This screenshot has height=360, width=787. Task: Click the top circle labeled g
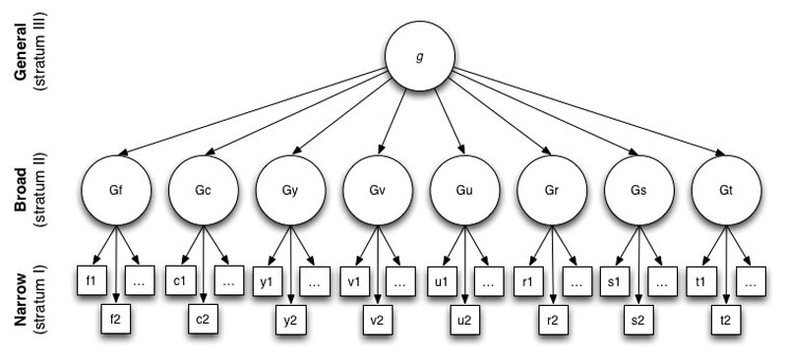point(421,57)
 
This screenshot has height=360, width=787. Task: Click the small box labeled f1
point(90,280)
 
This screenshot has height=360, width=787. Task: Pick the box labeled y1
point(264,280)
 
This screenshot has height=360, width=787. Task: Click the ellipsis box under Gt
point(753,280)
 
